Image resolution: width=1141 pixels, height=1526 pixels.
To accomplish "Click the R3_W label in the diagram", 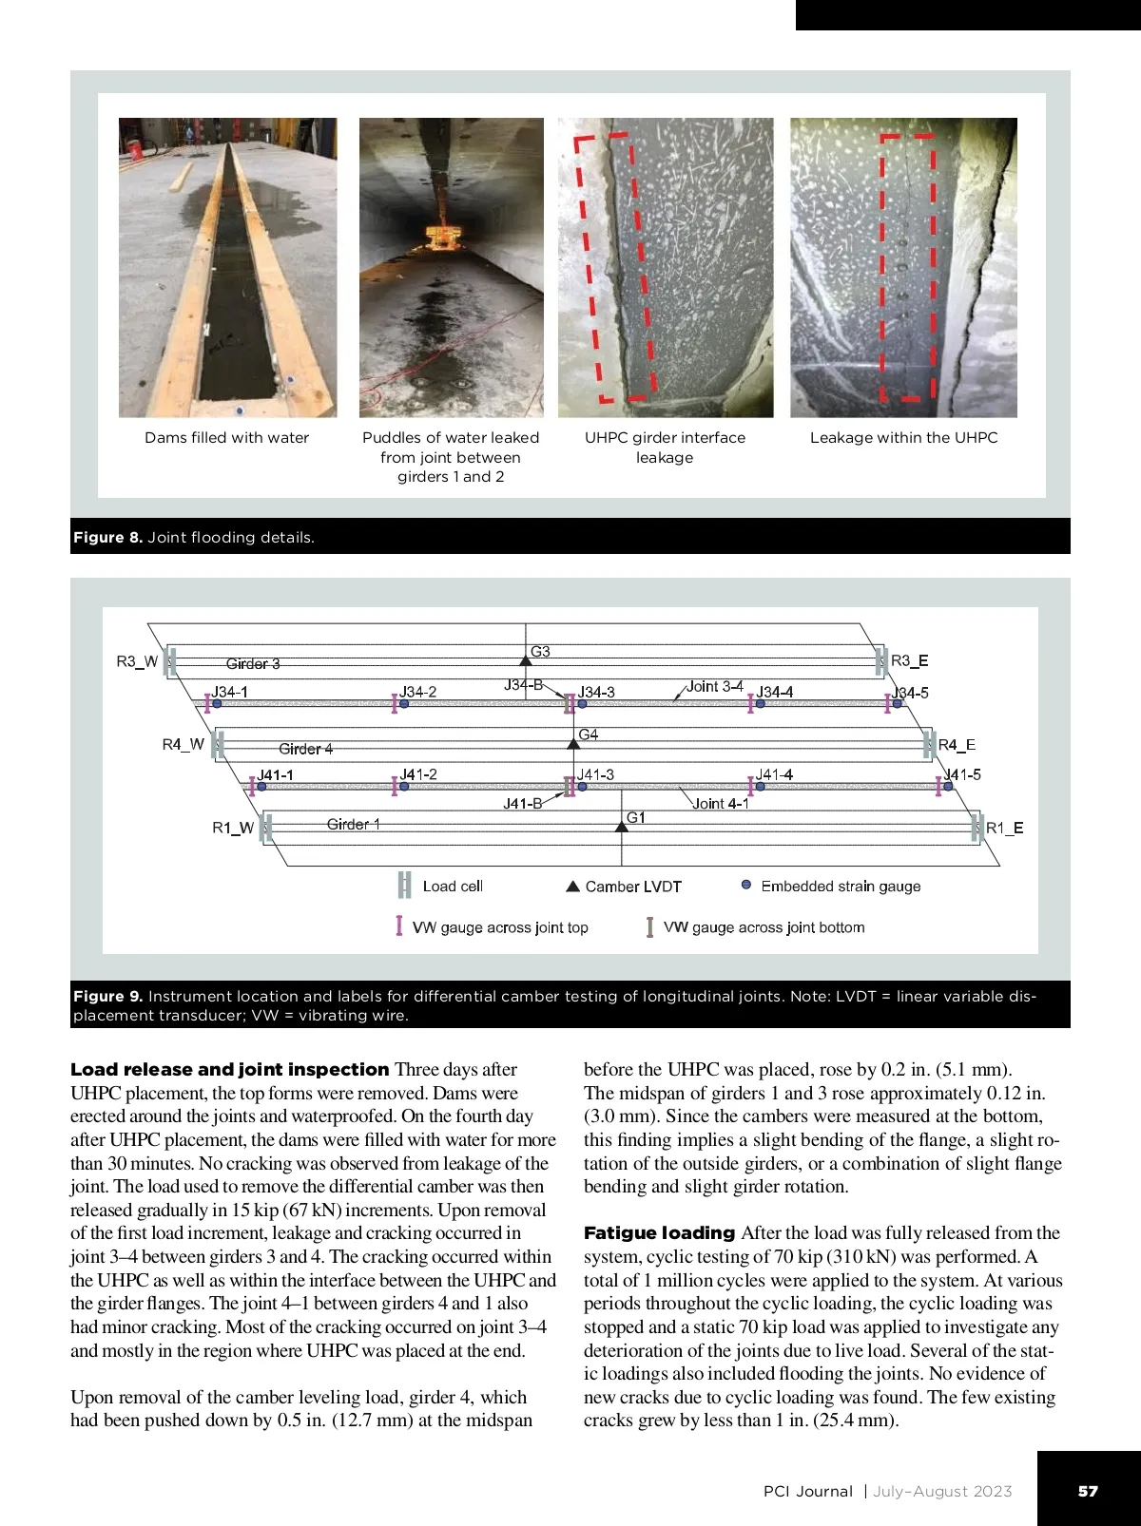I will (137, 661).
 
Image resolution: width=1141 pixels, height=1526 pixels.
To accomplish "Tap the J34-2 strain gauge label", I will (418, 692).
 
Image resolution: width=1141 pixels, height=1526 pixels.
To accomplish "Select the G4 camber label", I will (589, 734).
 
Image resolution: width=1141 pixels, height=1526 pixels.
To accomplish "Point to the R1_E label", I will (1005, 828).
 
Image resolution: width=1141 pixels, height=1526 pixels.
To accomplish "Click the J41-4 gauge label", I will (775, 774).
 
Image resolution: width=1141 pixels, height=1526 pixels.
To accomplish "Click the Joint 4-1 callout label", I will (721, 804).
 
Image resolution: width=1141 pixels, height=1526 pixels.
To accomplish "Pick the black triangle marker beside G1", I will (622, 827).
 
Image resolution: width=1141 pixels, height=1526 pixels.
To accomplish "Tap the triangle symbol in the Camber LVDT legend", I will (572, 887).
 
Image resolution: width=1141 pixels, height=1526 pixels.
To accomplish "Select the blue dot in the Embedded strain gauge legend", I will (746, 885).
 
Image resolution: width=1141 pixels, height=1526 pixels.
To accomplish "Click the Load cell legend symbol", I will (404, 886).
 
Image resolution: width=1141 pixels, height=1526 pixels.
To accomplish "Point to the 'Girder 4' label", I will (306, 749).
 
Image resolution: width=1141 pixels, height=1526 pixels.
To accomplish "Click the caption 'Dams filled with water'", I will (227, 438).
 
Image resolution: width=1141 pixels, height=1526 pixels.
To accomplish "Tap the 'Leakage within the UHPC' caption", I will (903, 438).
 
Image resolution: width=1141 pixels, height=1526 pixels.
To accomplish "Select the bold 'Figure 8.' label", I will (107, 538).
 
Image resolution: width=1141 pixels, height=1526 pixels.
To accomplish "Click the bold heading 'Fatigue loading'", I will (659, 1233).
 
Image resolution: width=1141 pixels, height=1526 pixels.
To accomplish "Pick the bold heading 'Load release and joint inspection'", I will (230, 1070).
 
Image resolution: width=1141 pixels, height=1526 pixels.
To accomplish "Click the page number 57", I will (1088, 1491).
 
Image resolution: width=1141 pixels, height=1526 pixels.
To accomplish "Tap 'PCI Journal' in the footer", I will (808, 1492).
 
